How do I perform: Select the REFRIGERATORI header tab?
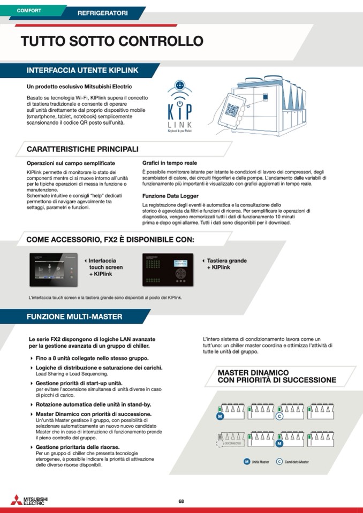(103, 12)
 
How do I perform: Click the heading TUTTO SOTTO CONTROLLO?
(112, 41)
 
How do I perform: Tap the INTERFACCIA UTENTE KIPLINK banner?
(82, 70)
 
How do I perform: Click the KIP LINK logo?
(180, 107)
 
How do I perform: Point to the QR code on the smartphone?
(231, 110)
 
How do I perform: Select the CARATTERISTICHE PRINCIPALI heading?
(82, 149)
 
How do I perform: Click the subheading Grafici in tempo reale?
(169, 163)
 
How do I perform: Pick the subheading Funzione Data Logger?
(170, 196)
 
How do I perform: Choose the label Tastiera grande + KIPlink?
(226, 264)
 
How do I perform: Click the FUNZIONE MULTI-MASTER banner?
(74, 317)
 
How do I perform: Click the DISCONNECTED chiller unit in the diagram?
(231, 438)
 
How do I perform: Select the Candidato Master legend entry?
(292, 462)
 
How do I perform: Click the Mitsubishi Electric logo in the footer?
(29, 500)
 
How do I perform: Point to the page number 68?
(182, 501)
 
